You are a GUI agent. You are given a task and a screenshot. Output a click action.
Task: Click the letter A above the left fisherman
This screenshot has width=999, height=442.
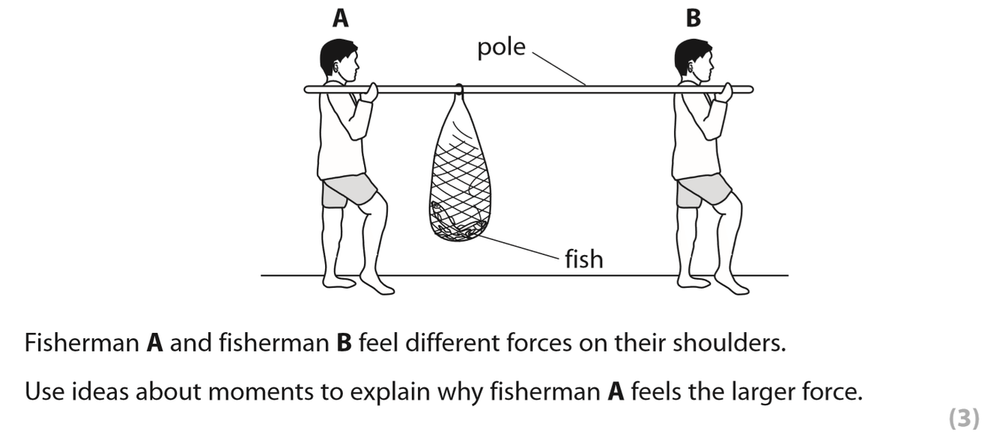point(340,18)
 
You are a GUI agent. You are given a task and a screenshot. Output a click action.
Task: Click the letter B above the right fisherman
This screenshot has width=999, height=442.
point(693,18)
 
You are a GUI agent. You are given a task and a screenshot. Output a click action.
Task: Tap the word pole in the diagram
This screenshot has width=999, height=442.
point(502,48)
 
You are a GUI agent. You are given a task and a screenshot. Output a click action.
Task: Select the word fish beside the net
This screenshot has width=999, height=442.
point(583,260)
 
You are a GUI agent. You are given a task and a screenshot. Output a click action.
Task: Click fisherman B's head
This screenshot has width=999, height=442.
point(693,58)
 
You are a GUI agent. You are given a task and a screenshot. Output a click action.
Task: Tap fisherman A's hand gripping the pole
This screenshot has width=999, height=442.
point(368,92)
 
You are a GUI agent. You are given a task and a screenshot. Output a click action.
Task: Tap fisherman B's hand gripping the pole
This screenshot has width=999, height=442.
point(723,92)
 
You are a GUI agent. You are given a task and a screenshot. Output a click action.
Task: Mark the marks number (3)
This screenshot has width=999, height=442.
point(964,420)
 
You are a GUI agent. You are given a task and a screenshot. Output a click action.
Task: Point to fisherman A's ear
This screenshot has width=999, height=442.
point(334,67)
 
